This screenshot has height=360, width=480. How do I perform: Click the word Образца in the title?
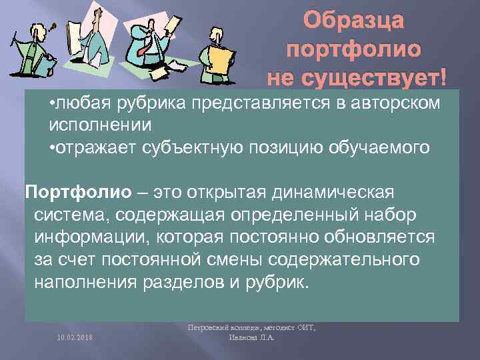[x=354, y=21]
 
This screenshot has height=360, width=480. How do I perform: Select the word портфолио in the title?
[x=353, y=50]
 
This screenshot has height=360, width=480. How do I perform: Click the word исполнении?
[x=100, y=125]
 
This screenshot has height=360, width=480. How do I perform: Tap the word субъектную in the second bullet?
[x=210, y=146]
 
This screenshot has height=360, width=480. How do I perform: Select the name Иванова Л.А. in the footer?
[x=250, y=337]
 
